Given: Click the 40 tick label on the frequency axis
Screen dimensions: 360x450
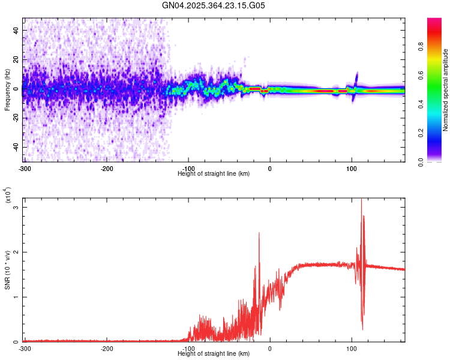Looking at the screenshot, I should tap(16, 30).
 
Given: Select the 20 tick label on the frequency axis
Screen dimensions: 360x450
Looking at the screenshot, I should tap(16, 59).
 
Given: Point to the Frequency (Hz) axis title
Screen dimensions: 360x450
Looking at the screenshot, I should tap(7, 90).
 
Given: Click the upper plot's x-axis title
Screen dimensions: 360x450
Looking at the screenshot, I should tap(214, 174).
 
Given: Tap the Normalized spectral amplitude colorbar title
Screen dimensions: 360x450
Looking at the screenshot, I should tap(446, 90).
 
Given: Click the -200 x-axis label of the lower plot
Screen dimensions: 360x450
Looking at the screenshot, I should tap(107, 349).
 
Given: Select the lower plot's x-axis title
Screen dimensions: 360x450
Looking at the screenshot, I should tap(214, 354).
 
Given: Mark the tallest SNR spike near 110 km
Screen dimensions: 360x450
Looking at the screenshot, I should tap(361, 199).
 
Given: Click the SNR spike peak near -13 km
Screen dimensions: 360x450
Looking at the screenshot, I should tap(259, 233).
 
